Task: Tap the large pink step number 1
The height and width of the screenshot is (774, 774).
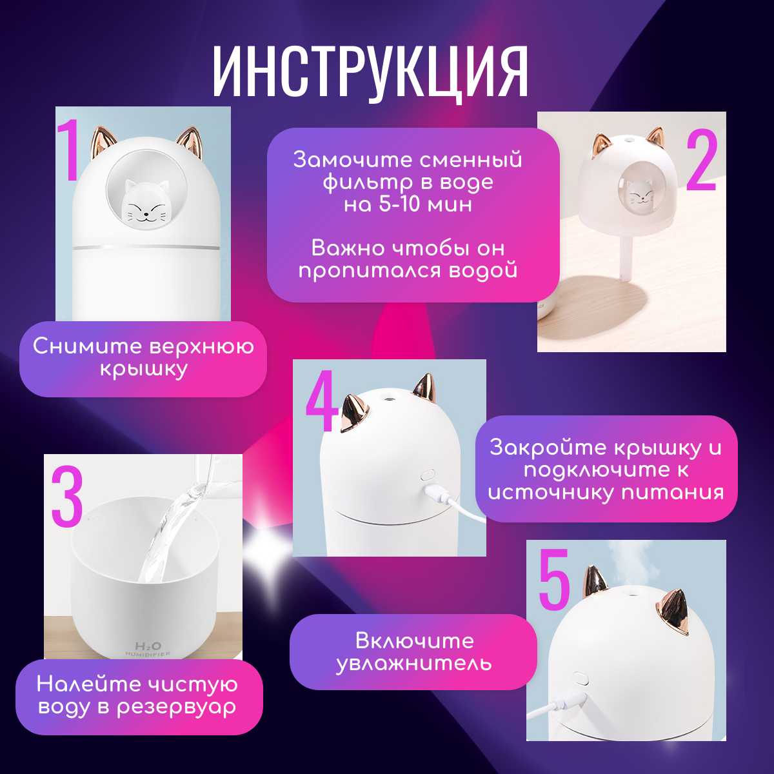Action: coord(68,150)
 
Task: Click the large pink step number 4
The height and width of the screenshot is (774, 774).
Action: coord(322,401)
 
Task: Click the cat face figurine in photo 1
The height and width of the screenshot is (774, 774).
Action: coord(145,204)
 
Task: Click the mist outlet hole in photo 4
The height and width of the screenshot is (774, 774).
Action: coord(388,399)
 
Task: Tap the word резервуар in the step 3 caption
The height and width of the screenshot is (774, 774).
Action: coord(176,708)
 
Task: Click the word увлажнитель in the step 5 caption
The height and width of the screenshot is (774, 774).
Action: coord(413,664)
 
